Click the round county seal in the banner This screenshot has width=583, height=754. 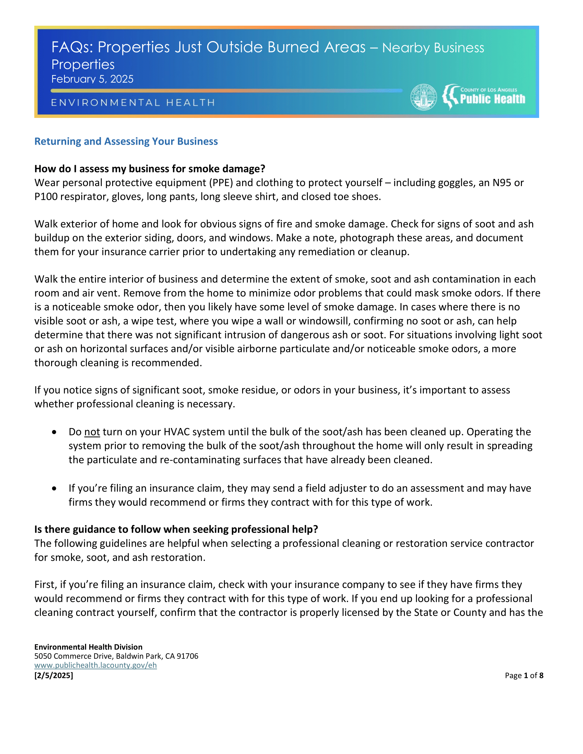(x=424, y=97)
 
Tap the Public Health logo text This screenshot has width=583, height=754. (x=492, y=99)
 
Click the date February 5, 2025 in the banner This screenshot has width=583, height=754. (x=92, y=79)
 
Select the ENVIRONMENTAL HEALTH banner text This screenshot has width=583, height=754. (x=133, y=103)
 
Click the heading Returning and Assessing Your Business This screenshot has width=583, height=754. (x=126, y=142)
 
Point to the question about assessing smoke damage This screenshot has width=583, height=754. (x=150, y=169)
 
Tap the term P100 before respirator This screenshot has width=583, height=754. (x=46, y=197)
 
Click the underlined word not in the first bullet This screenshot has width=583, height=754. (x=92, y=432)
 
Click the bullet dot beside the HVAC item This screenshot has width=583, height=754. (x=54, y=432)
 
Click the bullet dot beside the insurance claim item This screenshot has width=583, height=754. (x=54, y=488)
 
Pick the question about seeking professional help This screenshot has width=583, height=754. (x=176, y=530)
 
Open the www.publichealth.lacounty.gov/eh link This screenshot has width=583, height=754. (x=95, y=665)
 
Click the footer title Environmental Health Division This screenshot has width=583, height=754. (x=88, y=647)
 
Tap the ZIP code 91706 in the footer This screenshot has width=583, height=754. (x=188, y=656)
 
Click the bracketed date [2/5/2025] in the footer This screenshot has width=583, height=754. (x=53, y=675)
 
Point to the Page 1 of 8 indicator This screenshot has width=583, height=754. (x=524, y=676)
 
